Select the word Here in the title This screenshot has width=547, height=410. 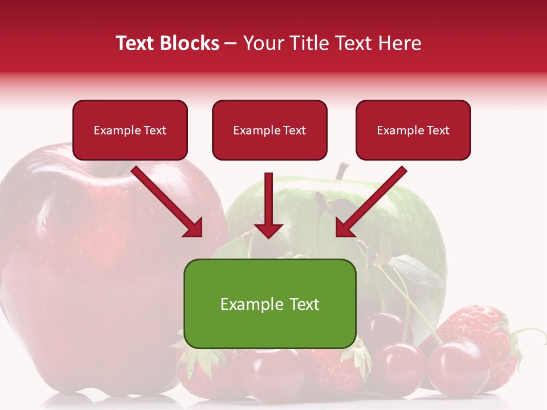click(x=399, y=43)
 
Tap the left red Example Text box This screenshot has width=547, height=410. click(x=130, y=130)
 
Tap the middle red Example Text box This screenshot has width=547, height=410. click(x=270, y=130)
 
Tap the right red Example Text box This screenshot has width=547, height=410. click(x=413, y=130)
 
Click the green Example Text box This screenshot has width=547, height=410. click(x=270, y=304)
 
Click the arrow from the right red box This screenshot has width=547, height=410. click(x=370, y=202)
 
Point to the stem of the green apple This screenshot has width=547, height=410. click(x=341, y=170)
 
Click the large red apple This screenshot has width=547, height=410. click(x=85, y=256)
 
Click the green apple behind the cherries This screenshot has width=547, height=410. click(x=410, y=228)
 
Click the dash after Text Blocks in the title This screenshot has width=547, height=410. click(x=231, y=44)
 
